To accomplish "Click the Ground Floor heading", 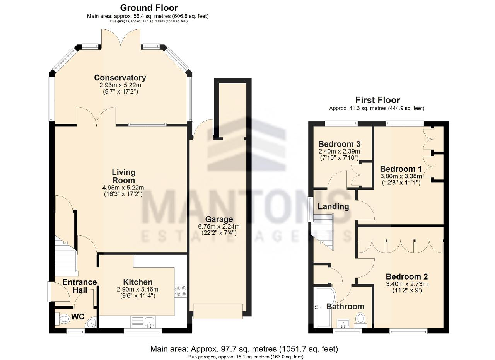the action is (x=149, y=8).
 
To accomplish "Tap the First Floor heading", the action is (x=378, y=100).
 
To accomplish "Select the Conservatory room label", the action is (x=120, y=78).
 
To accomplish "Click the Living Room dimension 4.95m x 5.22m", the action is (x=123, y=188).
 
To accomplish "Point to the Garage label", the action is (x=219, y=219).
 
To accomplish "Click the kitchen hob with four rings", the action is (x=181, y=291).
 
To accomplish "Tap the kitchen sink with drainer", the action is (x=143, y=322).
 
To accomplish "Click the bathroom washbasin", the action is (x=343, y=324).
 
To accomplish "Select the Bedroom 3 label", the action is (x=340, y=144).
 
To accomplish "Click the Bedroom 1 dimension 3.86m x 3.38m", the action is (x=401, y=176).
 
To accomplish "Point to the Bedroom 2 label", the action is (x=406, y=276).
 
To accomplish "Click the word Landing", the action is (x=333, y=206).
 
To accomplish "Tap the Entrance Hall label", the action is (x=80, y=286).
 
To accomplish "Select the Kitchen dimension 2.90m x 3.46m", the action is (x=137, y=289).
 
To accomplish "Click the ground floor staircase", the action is (x=66, y=257).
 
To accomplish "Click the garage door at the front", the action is (x=218, y=311).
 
